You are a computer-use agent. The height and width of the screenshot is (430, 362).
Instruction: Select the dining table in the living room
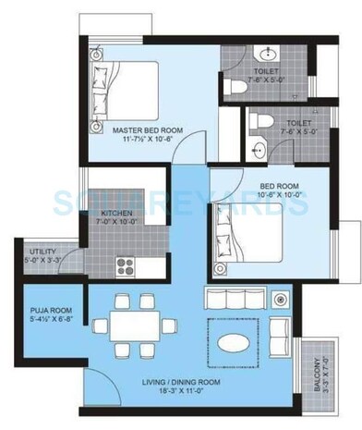(x=134, y=326)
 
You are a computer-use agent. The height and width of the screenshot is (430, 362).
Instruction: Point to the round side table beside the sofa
(x=280, y=300)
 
